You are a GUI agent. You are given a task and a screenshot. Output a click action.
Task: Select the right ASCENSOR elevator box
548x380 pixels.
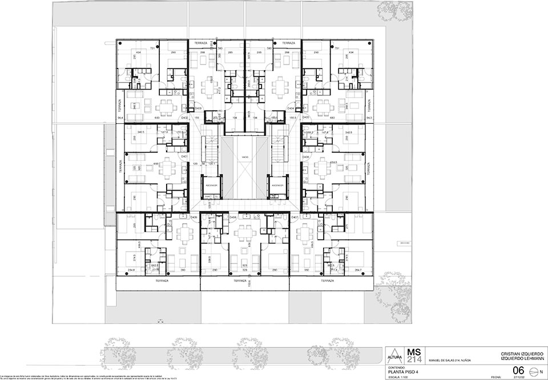277,186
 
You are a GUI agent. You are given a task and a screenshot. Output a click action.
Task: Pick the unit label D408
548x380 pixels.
232,218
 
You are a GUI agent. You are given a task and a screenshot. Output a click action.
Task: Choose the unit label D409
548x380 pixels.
194,218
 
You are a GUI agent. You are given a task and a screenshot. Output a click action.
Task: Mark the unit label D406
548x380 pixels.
305,156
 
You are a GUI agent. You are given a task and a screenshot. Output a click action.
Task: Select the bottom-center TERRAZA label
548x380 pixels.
244,281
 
